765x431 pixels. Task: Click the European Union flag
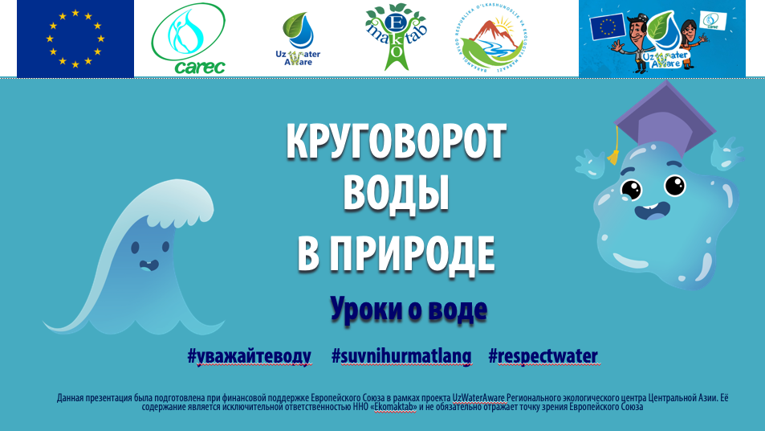click(75, 39)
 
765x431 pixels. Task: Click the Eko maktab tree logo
click(394, 37)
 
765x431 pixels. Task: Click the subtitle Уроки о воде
click(408, 308)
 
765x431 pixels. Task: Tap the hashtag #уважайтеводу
click(249, 356)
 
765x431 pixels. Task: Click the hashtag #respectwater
click(543, 356)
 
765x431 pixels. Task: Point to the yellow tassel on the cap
click(614, 151)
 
